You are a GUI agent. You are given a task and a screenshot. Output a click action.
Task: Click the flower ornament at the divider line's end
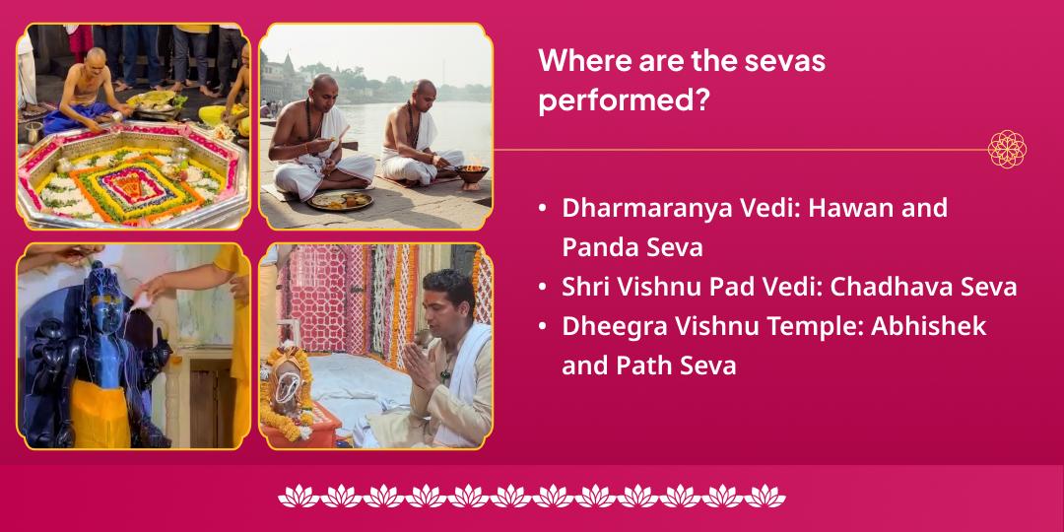(x=1007, y=150)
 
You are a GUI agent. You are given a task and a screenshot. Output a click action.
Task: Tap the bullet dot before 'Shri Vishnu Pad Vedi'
(x=543, y=288)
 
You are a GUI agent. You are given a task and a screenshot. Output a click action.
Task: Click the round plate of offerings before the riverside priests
(x=341, y=200)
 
